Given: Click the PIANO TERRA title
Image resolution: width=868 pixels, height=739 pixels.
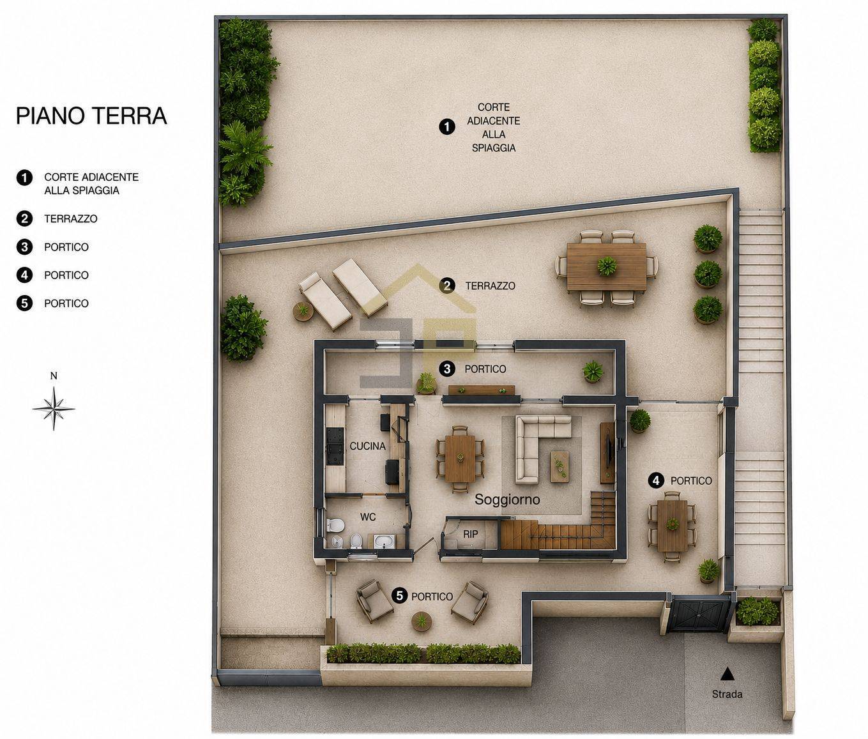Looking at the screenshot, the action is click(91, 116).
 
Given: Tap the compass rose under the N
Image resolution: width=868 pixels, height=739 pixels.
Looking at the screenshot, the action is click(54, 408).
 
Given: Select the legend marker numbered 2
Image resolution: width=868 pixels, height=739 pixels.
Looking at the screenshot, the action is click(24, 218).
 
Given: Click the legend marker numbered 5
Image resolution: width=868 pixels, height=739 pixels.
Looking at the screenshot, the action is click(24, 303).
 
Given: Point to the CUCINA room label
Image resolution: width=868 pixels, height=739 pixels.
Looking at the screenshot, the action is click(367, 446).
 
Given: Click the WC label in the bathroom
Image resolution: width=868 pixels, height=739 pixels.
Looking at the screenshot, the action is click(368, 517).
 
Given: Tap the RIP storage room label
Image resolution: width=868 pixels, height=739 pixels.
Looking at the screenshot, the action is click(470, 534).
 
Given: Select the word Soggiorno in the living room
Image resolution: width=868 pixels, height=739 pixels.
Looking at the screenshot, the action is click(507, 499).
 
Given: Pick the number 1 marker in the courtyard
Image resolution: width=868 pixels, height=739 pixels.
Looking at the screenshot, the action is click(447, 127).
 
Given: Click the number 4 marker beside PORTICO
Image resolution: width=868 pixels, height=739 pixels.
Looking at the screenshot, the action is click(657, 480).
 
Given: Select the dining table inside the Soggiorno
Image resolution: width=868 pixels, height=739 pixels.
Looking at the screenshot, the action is click(460, 459).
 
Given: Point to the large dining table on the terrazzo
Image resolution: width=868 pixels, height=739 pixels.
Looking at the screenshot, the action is click(607, 266).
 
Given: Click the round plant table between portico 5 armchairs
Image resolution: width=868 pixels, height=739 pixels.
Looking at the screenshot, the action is click(421, 621).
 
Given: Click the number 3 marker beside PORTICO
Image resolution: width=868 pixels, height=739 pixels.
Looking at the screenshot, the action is click(447, 369).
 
